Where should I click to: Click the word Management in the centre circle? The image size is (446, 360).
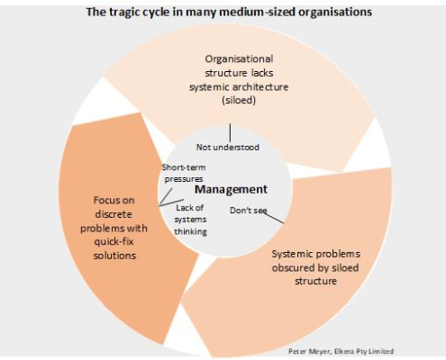click(x=231, y=190)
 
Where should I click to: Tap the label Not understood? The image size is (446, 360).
click(x=228, y=148)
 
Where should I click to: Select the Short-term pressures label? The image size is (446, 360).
click(x=184, y=173)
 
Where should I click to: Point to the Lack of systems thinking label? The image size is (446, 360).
click(x=190, y=220)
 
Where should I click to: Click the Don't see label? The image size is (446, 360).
click(x=249, y=211)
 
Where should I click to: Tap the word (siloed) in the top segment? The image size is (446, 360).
click(x=239, y=100)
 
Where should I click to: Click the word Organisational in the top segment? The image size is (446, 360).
click(x=239, y=58)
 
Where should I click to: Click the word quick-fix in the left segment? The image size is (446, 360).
click(x=114, y=242)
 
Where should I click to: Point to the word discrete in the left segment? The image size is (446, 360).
click(x=114, y=214)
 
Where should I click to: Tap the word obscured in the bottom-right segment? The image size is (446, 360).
click(x=293, y=267)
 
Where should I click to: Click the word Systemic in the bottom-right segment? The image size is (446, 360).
click(x=289, y=255)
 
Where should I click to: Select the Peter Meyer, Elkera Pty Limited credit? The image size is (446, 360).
click(x=341, y=351)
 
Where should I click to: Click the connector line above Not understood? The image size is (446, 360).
click(x=231, y=132)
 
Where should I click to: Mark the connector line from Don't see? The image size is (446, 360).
click(x=274, y=218)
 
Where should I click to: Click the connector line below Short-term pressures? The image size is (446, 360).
click(x=166, y=197)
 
